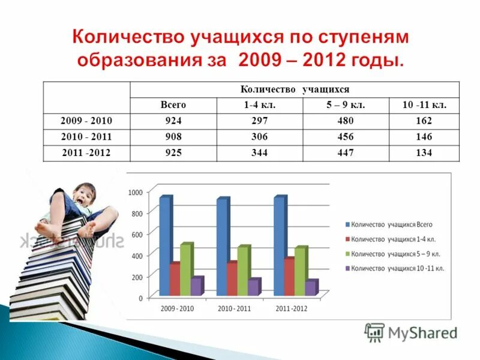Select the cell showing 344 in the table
point(259,153)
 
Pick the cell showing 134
point(424,153)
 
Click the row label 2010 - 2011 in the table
point(86,137)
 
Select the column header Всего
point(173,104)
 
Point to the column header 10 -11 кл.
point(424,104)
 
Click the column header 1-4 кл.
point(259,104)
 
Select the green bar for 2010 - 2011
point(242,270)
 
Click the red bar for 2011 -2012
point(289,277)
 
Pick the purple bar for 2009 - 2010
point(196,286)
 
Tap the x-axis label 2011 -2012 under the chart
point(292,308)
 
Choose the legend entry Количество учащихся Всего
point(391,224)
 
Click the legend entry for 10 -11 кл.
point(397,268)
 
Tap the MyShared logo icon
point(374,332)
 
